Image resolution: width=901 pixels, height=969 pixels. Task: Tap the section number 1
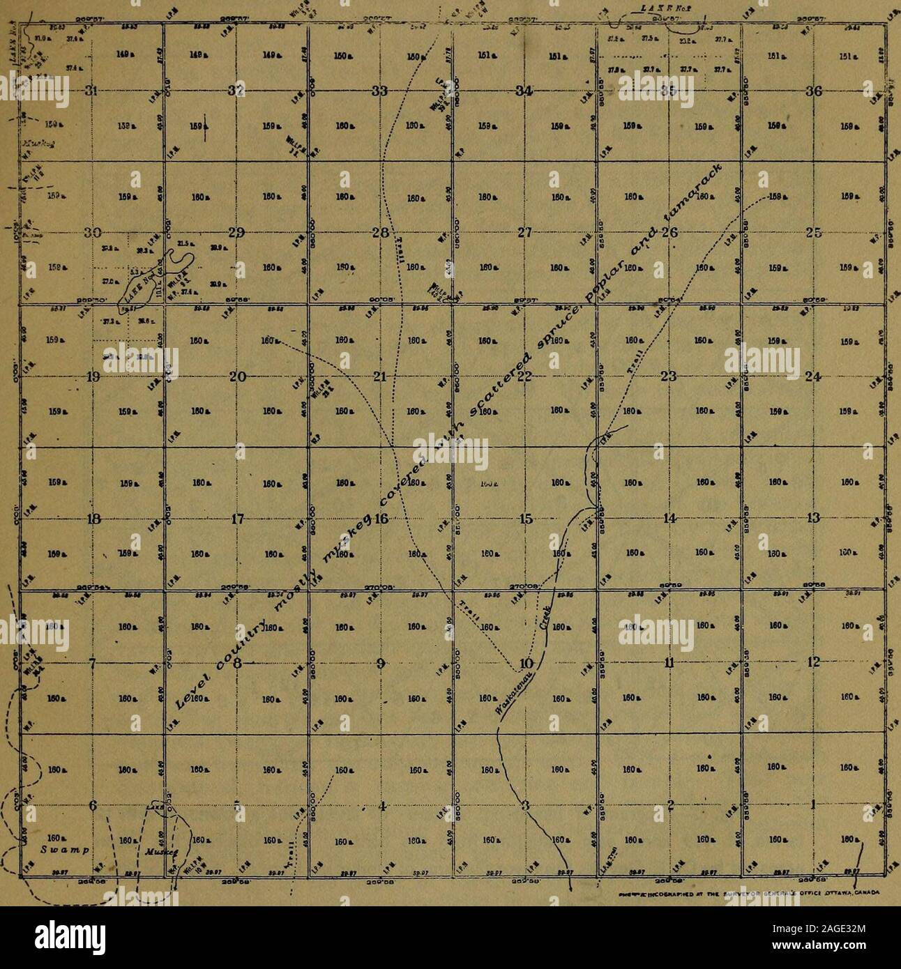pyautogui.click(x=812, y=806)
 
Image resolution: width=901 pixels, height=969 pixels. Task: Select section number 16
pyautogui.click(x=381, y=519)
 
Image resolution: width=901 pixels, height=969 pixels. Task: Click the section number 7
pyautogui.click(x=92, y=662)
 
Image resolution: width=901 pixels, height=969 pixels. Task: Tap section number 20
pyautogui.click(x=237, y=377)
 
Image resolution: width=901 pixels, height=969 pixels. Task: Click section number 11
pyautogui.click(x=669, y=662)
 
